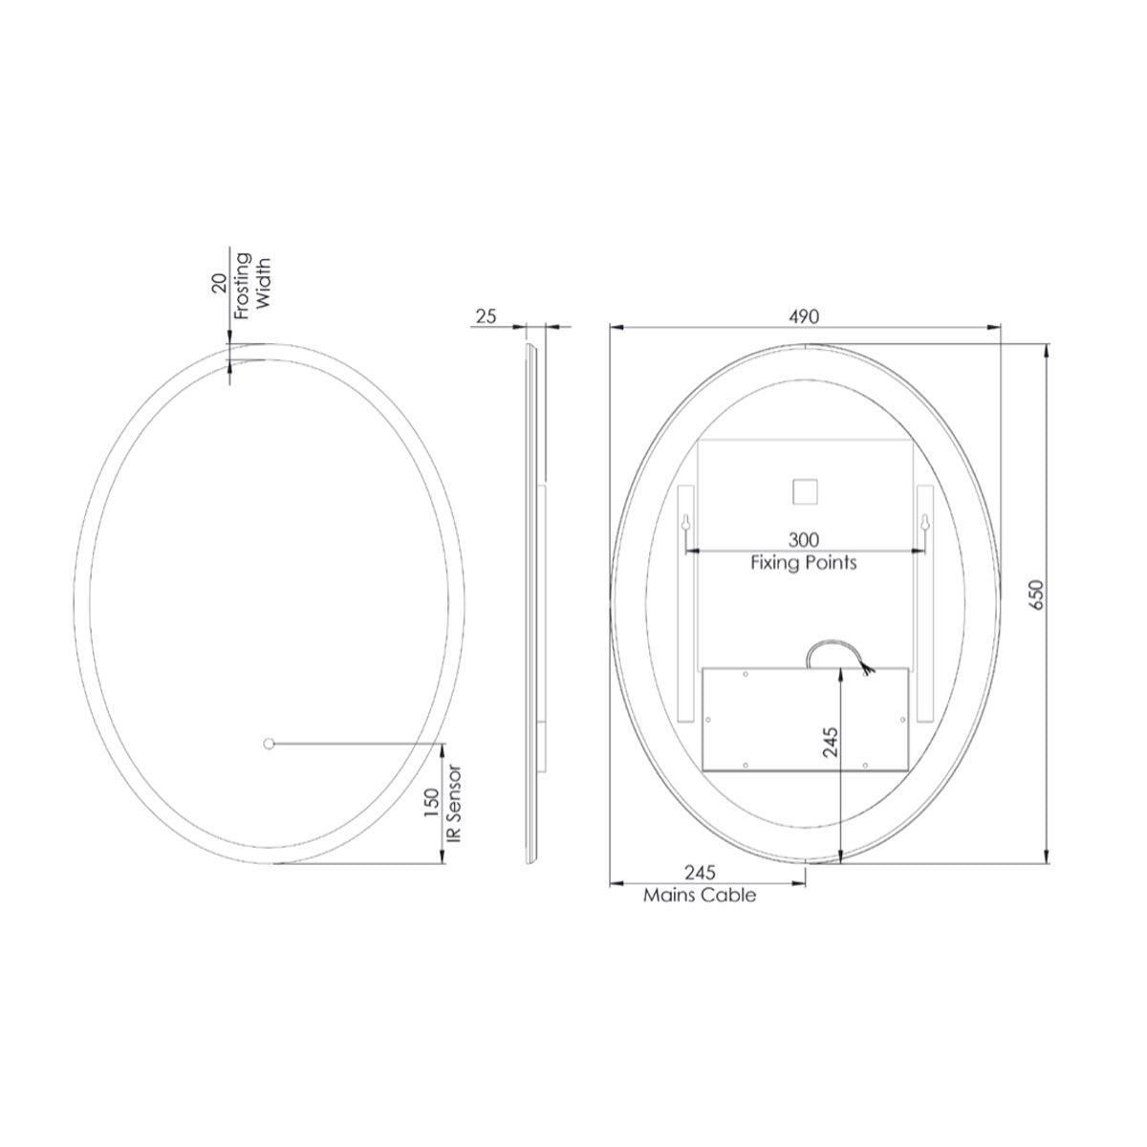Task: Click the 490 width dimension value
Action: click(805, 316)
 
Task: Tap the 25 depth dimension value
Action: click(486, 316)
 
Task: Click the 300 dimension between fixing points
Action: click(804, 541)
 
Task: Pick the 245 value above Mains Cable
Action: click(700, 874)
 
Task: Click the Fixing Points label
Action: click(803, 563)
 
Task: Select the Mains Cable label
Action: click(700, 896)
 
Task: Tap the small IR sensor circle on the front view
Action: click(269, 742)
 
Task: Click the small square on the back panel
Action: click(804, 492)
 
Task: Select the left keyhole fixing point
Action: click(686, 524)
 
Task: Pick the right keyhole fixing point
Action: click(923, 524)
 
